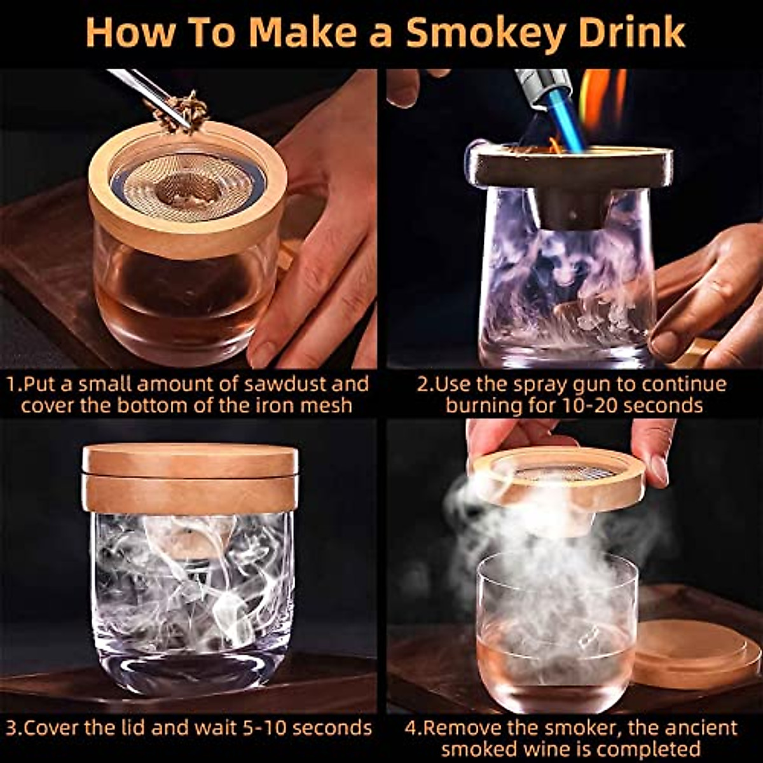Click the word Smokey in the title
coord(484,33)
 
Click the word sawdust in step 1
coord(280,384)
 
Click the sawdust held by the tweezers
coord(184,112)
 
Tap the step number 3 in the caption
coord(12,727)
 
